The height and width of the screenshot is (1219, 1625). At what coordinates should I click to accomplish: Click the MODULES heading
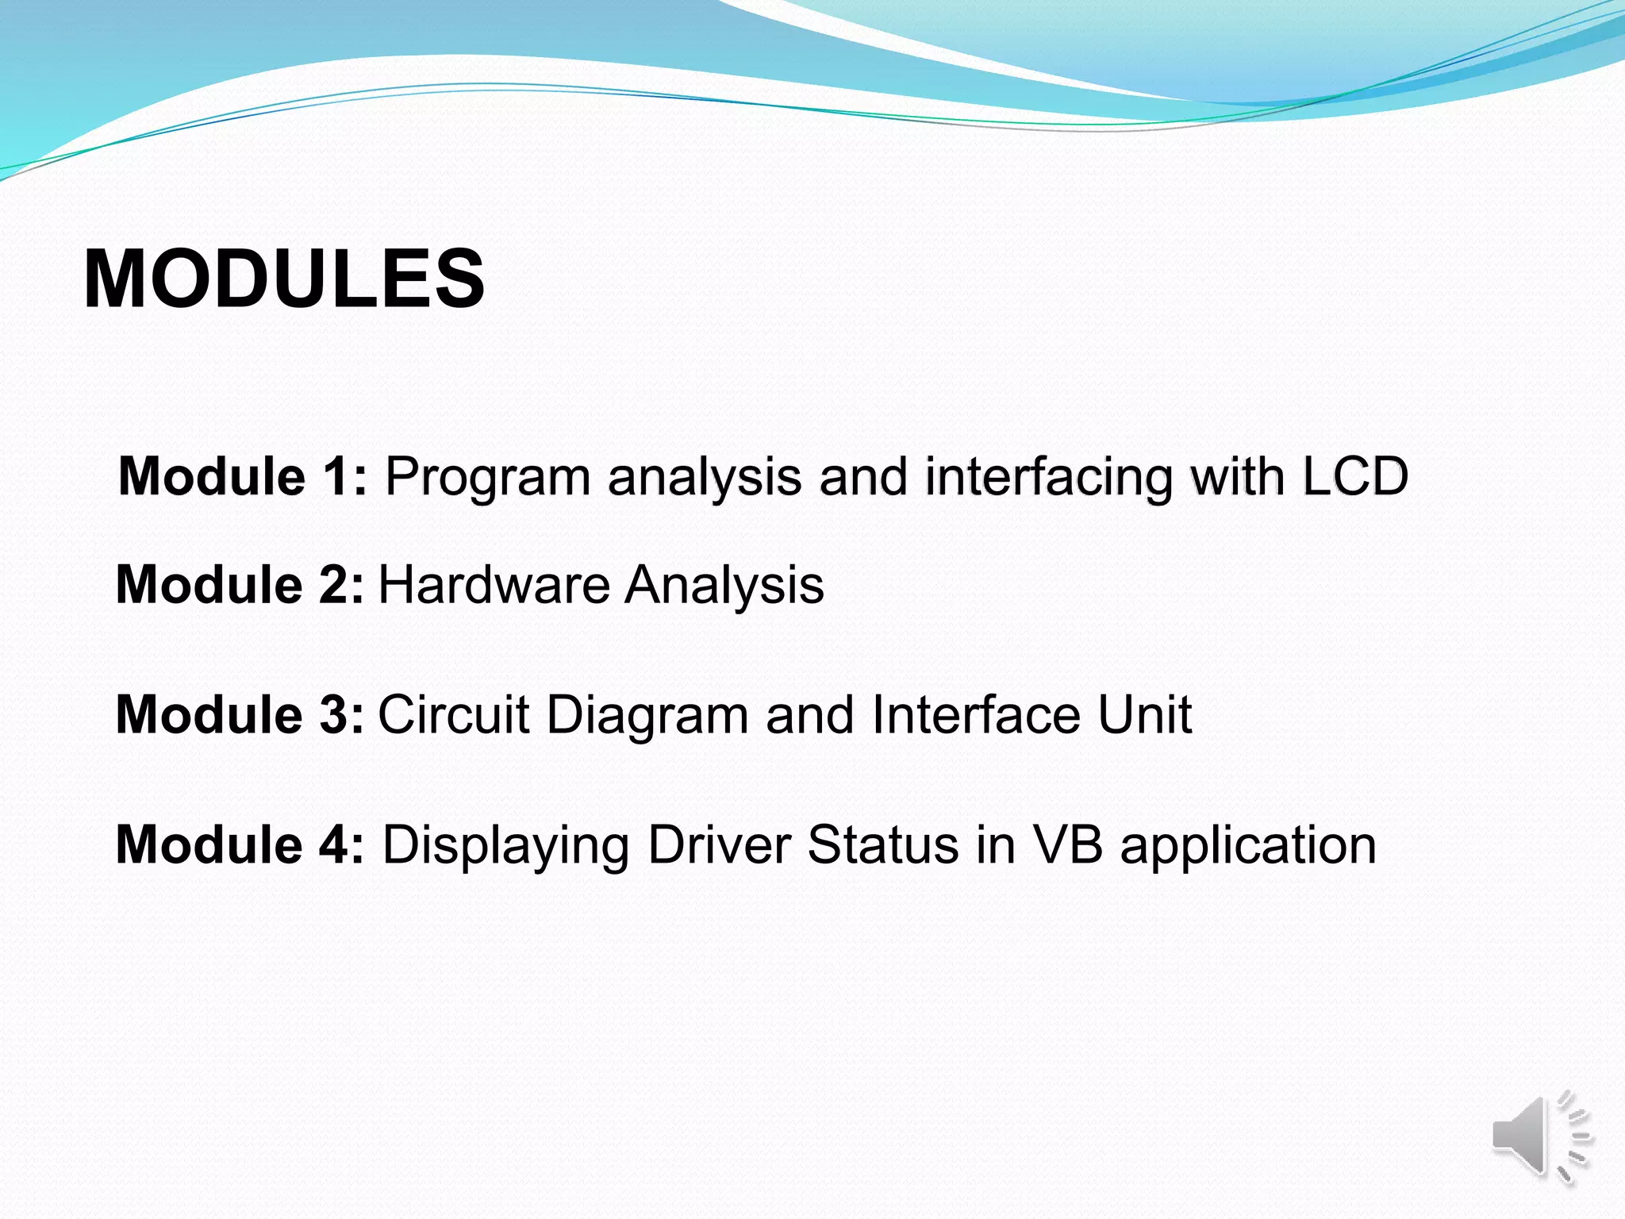[284, 279]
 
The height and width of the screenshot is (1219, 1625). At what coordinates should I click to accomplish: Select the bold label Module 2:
[240, 585]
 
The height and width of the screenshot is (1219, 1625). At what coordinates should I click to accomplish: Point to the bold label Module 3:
[240, 714]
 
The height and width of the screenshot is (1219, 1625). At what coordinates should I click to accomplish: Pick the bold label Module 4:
[240, 844]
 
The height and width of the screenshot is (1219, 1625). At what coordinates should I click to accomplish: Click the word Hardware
[494, 585]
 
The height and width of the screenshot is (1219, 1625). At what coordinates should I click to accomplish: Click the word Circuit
[453, 714]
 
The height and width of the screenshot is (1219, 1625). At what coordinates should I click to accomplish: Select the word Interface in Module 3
[976, 714]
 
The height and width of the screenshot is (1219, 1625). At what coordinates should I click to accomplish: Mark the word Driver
[720, 844]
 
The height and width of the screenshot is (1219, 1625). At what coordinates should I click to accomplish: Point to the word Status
[884, 844]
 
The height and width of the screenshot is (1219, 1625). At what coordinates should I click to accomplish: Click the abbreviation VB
[1067, 844]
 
